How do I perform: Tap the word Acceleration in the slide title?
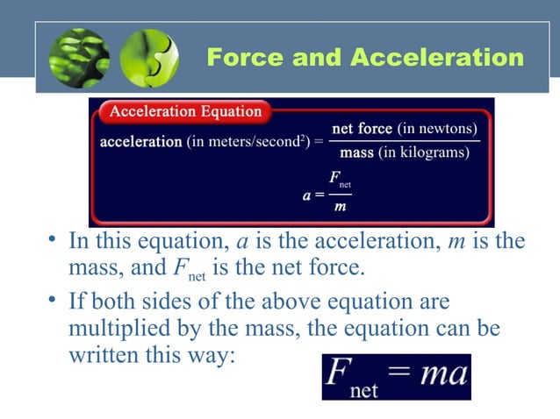pos(438,58)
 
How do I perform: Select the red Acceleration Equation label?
pos(185,111)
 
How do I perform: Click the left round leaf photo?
pos(80,59)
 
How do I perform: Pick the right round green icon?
pos(148,59)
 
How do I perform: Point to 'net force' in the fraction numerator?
pos(363,129)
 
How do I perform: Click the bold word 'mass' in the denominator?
pos(356,153)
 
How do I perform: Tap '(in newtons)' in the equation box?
pos(438,129)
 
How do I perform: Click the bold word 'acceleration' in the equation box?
pos(141,141)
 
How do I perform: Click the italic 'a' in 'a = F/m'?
pos(306,195)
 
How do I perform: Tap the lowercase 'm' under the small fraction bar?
pos(339,207)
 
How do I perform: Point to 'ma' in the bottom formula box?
pos(445,374)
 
